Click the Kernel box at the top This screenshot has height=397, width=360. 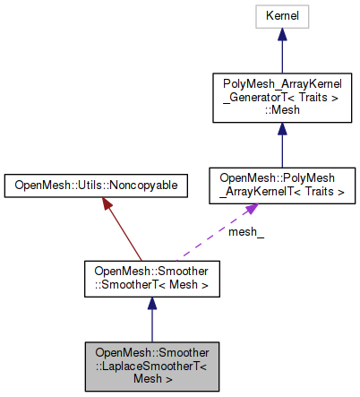[x=281, y=16]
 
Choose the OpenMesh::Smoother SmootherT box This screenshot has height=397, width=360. [x=151, y=279]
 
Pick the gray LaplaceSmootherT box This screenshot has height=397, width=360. [x=151, y=365]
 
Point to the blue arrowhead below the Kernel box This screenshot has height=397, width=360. [x=281, y=34]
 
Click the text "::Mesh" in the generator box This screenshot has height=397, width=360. [x=281, y=111]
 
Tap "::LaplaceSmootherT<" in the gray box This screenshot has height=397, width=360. [x=152, y=365]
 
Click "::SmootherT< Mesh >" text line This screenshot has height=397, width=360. [x=151, y=285]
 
